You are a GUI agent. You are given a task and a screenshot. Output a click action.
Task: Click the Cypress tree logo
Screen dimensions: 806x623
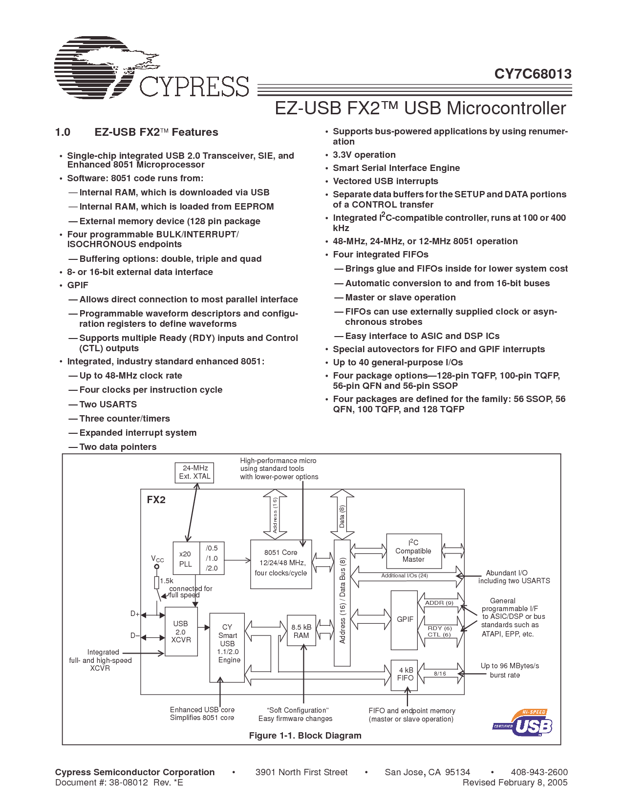(x=105, y=67)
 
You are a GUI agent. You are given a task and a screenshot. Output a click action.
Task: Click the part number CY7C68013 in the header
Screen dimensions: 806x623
(x=533, y=74)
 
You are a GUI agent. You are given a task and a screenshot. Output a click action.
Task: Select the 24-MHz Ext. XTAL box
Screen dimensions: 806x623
(x=194, y=472)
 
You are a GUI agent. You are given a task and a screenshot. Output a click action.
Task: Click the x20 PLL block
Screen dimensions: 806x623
(x=186, y=558)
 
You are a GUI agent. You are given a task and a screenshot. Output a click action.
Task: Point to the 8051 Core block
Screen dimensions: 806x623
(x=281, y=564)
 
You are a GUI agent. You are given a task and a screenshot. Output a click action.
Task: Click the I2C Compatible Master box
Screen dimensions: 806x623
(x=413, y=551)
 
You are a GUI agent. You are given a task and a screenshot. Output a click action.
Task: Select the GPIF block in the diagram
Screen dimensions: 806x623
(x=405, y=619)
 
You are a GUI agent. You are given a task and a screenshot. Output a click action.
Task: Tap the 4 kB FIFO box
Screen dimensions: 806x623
(x=405, y=674)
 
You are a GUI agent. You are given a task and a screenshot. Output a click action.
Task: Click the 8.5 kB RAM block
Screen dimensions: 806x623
(x=301, y=631)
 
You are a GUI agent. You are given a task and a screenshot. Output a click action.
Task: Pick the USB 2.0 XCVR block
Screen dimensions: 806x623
(x=181, y=632)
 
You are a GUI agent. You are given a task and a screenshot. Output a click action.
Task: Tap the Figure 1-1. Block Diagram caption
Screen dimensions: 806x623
(x=305, y=736)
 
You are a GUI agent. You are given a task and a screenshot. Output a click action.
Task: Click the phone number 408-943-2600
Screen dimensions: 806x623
(x=539, y=772)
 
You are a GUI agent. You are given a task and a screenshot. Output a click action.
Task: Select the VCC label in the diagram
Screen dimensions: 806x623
(x=157, y=559)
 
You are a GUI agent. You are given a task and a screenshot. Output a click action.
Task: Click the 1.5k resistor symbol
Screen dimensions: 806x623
(x=156, y=582)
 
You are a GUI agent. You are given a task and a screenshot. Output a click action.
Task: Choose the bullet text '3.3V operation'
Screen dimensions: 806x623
(x=364, y=155)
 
